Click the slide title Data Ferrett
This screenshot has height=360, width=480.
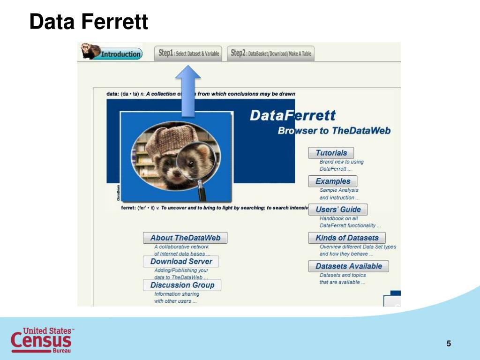(89, 22)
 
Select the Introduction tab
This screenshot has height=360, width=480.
(121, 54)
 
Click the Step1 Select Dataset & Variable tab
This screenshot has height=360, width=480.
(188, 53)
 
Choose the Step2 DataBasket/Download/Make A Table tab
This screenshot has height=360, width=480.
(271, 53)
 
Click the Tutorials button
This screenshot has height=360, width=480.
(331, 153)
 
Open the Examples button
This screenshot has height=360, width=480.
(332, 181)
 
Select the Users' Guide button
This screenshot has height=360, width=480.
(337, 210)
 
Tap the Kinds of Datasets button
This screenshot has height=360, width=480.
(347, 238)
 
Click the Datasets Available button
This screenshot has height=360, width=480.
(348, 266)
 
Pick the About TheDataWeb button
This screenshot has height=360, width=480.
(185, 238)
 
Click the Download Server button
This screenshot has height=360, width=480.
(181, 261)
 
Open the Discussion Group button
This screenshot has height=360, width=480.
(182, 285)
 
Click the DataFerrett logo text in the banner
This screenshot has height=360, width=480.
(292, 115)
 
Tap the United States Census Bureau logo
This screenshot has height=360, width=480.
(42, 340)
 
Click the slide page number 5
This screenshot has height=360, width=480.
(449, 344)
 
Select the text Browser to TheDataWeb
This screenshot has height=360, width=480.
(334, 131)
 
